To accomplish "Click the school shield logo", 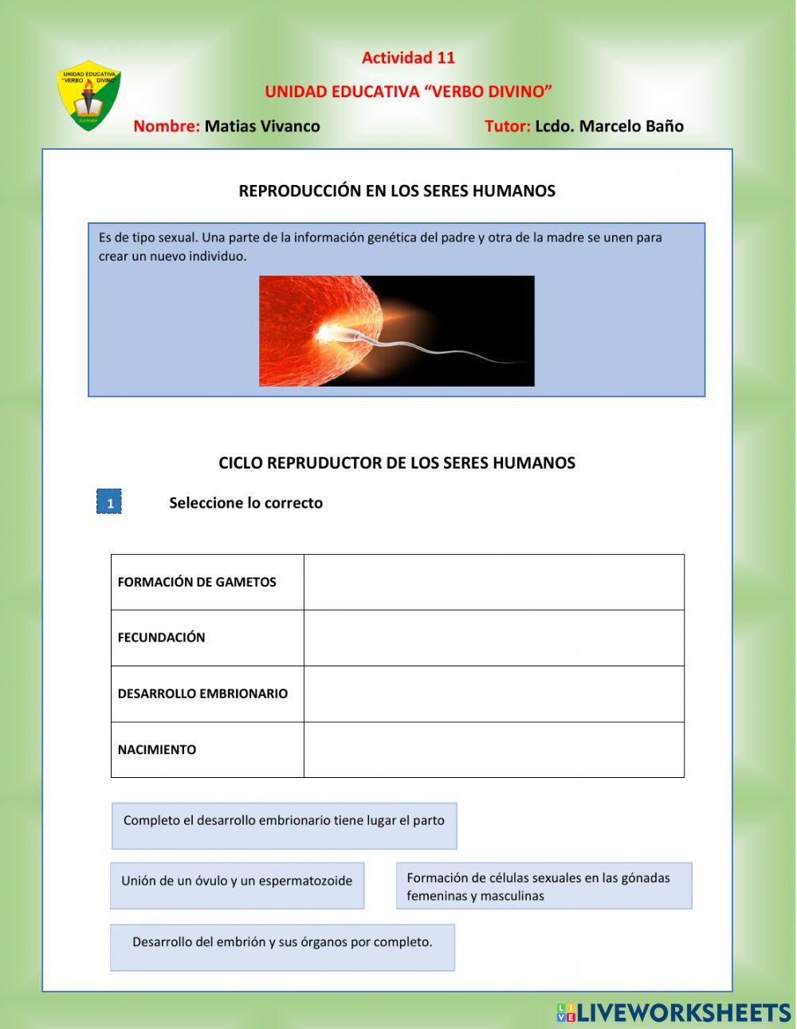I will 88,96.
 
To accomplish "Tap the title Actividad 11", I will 408,57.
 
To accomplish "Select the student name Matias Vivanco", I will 262,126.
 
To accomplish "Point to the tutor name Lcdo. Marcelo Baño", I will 609,126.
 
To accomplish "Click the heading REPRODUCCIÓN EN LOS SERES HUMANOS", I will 397,191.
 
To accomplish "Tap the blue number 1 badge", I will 109,502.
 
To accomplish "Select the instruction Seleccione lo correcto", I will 245,503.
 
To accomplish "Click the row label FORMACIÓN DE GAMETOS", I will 197,582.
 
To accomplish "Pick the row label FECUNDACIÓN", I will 162,638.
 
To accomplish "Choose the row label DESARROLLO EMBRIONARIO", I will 202,693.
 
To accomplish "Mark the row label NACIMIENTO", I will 157,749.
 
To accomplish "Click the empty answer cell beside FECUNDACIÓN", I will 493,638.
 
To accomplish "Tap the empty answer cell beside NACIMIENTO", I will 493,749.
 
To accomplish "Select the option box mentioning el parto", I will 284,825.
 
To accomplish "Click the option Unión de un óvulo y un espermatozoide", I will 237,885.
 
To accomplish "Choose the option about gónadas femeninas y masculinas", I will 544,886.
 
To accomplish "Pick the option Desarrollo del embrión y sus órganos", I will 282,947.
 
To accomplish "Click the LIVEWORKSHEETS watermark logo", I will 673,1012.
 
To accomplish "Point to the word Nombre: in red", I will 166,126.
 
